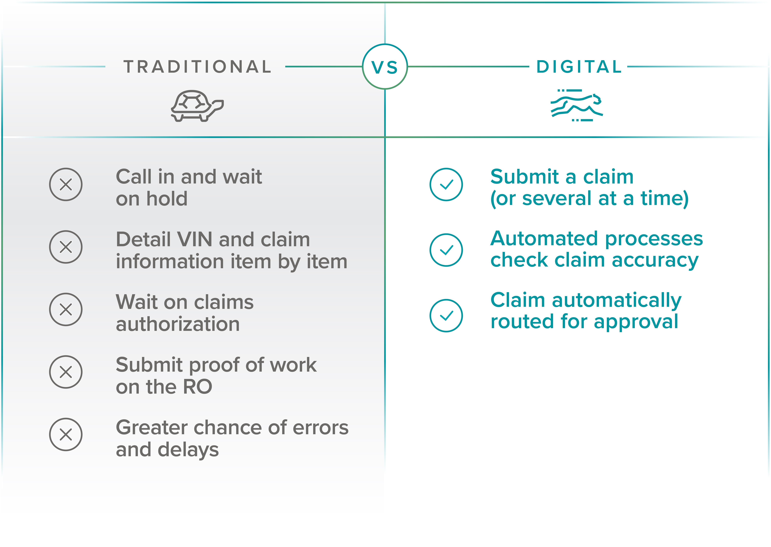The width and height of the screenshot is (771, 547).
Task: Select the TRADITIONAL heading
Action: point(198,67)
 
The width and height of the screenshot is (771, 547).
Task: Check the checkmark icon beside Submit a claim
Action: point(446,185)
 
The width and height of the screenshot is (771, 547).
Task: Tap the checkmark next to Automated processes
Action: point(446,250)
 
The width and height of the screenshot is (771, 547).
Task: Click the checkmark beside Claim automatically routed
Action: point(446,316)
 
